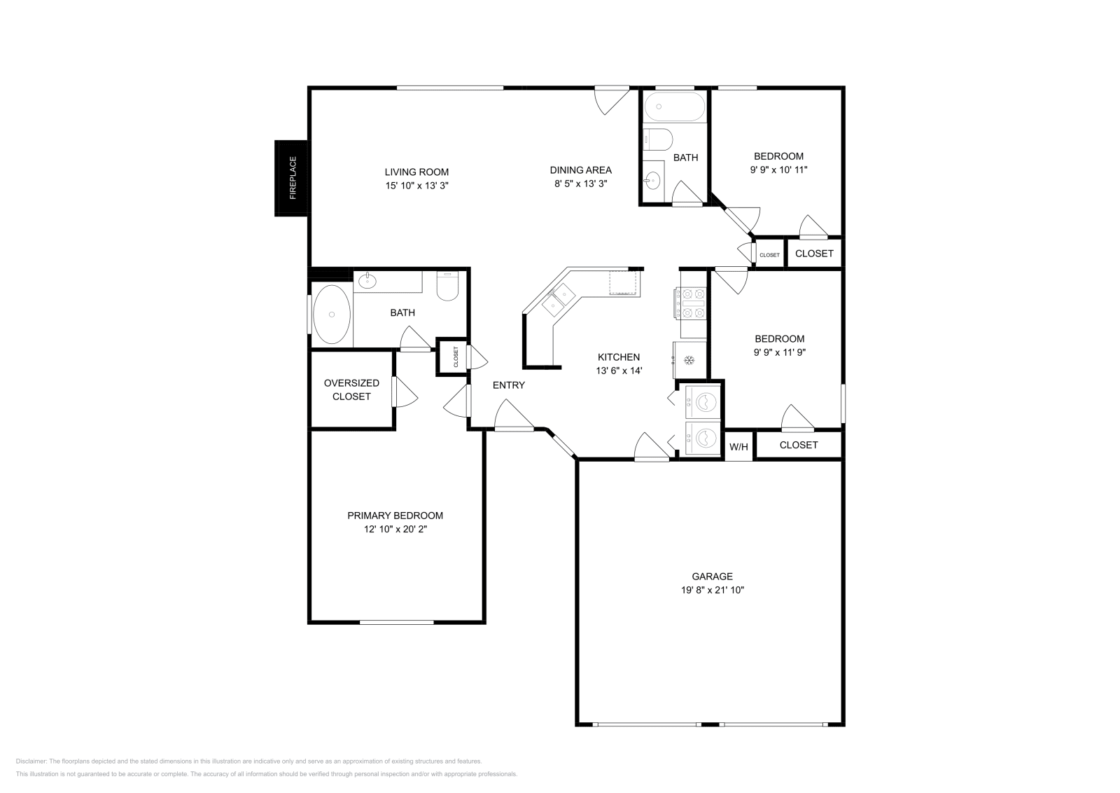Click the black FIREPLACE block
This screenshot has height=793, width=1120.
[x=290, y=178]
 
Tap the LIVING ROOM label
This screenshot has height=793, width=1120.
[x=416, y=172]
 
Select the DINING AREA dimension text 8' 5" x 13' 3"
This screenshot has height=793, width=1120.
[x=580, y=184]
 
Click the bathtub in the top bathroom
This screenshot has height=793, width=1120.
[x=675, y=106]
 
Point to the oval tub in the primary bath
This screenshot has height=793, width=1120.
[x=332, y=315]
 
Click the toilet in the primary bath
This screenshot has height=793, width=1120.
[x=447, y=286]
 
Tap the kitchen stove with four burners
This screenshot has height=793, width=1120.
[x=691, y=303]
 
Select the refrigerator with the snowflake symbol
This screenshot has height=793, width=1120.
[x=689, y=360]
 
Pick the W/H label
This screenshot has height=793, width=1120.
[x=738, y=447]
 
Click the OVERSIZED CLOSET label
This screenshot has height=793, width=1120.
[x=351, y=389]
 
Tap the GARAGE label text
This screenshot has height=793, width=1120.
[x=712, y=577]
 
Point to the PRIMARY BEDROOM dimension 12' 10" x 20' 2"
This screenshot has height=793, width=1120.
[x=395, y=529]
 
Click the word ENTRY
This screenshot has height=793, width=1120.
[x=508, y=385]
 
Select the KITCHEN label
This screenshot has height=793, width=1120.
[x=619, y=357]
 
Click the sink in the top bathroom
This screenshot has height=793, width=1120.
[x=652, y=180]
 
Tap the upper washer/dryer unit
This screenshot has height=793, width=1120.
[x=703, y=401]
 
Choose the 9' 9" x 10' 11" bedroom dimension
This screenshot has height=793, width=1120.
[x=778, y=170]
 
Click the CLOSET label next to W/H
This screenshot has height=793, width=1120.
[x=799, y=445]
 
